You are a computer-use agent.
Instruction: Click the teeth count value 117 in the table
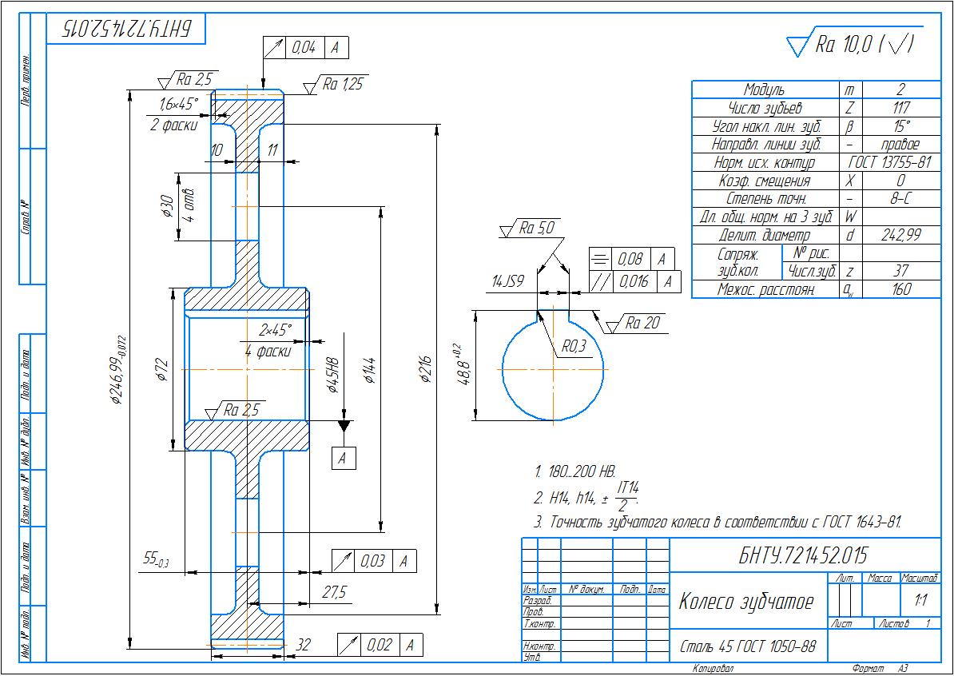[x=900, y=108]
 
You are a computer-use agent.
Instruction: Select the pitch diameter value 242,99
[x=900, y=235]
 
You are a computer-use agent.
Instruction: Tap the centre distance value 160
[x=900, y=289]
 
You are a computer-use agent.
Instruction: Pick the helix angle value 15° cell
[x=900, y=126]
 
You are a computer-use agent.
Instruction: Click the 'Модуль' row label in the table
[x=764, y=89]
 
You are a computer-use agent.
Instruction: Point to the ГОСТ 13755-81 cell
[x=889, y=162]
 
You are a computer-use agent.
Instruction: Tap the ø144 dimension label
[x=369, y=369]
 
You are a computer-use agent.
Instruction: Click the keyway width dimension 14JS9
[x=507, y=281]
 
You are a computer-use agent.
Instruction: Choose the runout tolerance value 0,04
[x=304, y=48]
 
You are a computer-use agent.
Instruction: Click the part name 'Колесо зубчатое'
[x=745, y=601]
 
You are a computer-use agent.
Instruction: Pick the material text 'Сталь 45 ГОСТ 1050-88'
[x=748, y=646]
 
